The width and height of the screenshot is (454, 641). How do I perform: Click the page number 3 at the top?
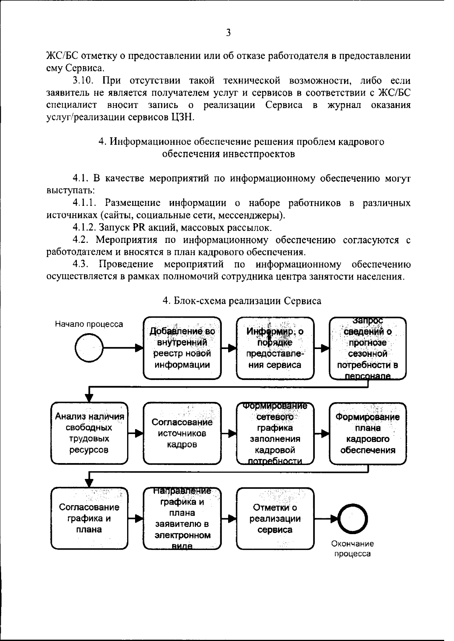click(x=228, y=32)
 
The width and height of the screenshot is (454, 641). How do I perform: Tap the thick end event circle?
click(x=352, y=518)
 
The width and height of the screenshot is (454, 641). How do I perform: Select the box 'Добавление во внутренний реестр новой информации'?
click(x=182, y=348)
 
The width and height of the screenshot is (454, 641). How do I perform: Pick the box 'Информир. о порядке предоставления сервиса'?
click(x=275, y=348)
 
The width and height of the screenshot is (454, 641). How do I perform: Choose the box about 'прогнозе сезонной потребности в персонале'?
click(x=368, y=348)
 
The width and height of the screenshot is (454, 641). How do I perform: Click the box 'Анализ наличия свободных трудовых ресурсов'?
click(x=89, y=433)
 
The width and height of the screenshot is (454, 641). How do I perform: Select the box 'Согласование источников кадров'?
click(x=182, y=433)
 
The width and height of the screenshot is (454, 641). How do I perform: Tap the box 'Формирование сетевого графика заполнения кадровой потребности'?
click(x=275, y=433)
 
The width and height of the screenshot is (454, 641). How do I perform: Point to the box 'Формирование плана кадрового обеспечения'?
click(x=368, y=433)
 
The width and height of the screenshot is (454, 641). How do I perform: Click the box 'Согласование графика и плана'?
click(x=89, y=518)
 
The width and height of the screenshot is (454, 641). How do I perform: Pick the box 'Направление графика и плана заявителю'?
click(x=182, y=518)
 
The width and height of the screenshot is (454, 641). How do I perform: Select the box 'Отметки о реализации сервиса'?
click(x=275, y=518)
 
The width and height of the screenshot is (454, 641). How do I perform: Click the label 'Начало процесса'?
click(x=89, y=324)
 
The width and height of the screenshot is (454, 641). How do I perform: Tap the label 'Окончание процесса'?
click(x=352, y=549)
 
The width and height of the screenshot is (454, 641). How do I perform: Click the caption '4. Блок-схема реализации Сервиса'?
click(x=242, y=301)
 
